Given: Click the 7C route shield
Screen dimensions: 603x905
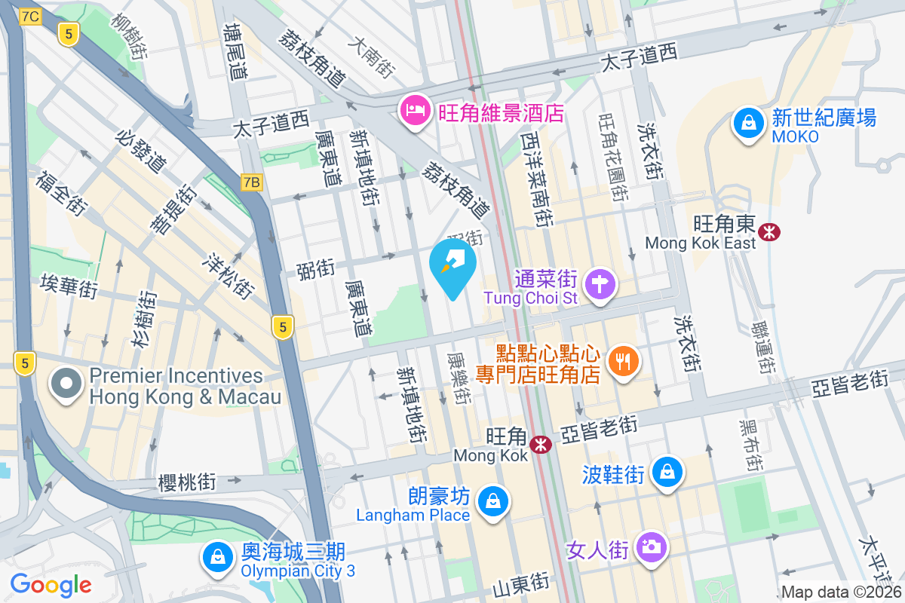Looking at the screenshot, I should point(31,16).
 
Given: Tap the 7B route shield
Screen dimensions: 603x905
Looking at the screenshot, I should point(251,182).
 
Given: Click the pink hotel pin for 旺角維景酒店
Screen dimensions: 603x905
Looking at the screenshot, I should point(413,112).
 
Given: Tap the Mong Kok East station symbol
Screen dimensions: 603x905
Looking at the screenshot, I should point(770,231).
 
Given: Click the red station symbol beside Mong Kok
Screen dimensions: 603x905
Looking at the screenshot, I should point(540,445).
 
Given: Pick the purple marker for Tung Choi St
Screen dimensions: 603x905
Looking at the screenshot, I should point(600,285).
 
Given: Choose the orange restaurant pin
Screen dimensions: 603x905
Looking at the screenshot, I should point(622,362).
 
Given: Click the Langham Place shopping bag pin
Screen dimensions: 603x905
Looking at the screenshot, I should point(492,500).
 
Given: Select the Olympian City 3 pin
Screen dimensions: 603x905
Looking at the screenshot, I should point(217,558).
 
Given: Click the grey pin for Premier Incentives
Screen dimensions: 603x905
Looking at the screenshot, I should point(66,384).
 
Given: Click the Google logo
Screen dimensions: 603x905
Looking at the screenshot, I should point(51,584).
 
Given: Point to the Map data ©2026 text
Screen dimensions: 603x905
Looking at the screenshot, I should point(841,592).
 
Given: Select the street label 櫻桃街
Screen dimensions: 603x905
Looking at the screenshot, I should point(187,481).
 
